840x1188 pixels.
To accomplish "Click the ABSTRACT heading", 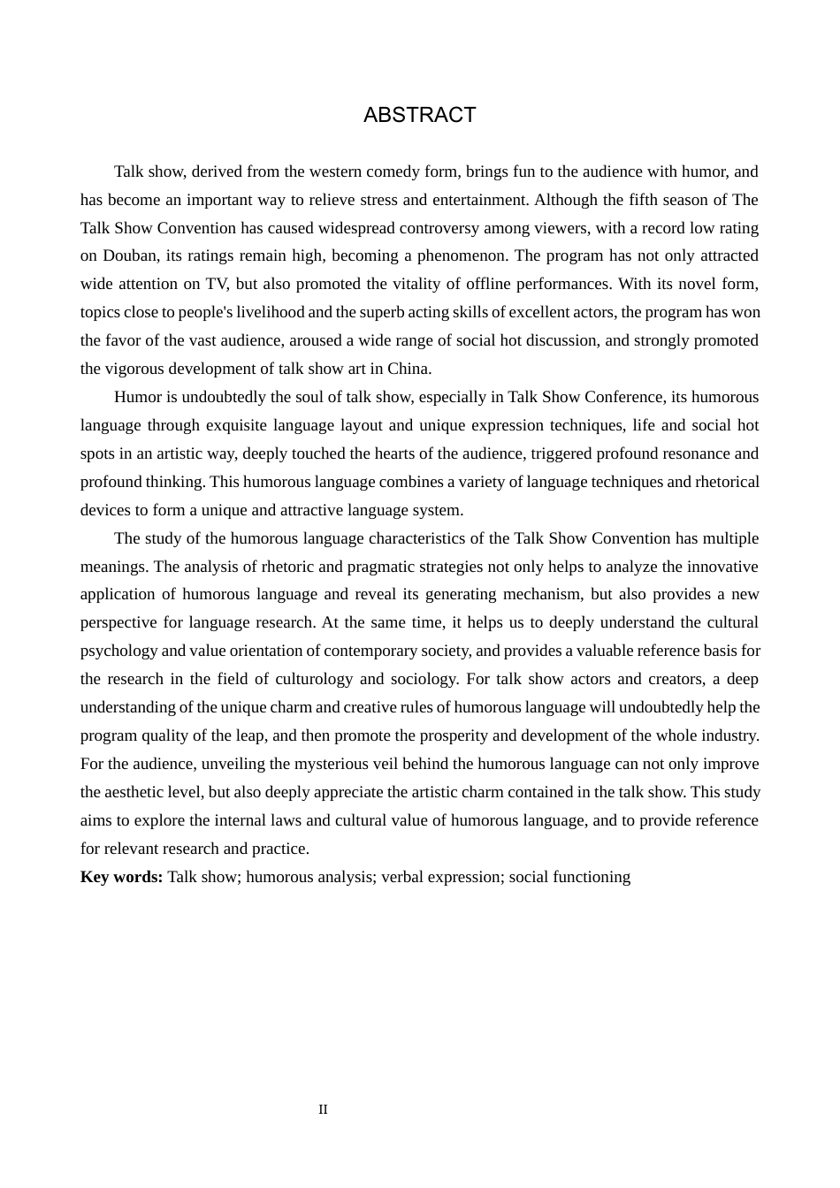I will point(419,115).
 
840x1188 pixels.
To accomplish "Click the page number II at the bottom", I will point(323,1109).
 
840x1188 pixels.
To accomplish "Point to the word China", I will point(408,369).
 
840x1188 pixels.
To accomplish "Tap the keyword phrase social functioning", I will point(569,877).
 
